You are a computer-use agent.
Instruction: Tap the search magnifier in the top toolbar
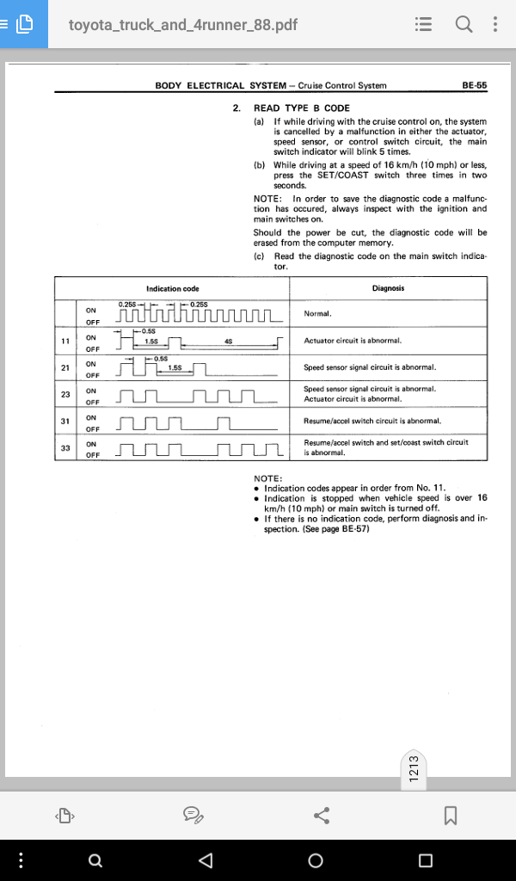464,24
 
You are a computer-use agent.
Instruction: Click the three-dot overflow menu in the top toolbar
494,24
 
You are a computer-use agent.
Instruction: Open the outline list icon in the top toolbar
423,24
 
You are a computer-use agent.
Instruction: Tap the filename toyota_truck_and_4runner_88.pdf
183,25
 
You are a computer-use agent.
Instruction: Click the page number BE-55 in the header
475,85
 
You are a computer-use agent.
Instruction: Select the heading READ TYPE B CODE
302,108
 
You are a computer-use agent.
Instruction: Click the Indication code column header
172,289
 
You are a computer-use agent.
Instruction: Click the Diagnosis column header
388,288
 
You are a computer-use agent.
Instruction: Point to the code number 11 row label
65,341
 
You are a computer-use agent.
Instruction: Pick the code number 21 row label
65,367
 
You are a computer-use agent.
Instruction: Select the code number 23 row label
65,394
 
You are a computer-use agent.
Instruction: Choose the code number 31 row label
65,421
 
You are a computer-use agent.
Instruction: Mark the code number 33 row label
65,447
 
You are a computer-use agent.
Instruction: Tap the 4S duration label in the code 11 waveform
228,342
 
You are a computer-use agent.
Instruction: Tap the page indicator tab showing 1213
414,768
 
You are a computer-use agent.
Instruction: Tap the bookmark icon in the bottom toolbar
451,816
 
